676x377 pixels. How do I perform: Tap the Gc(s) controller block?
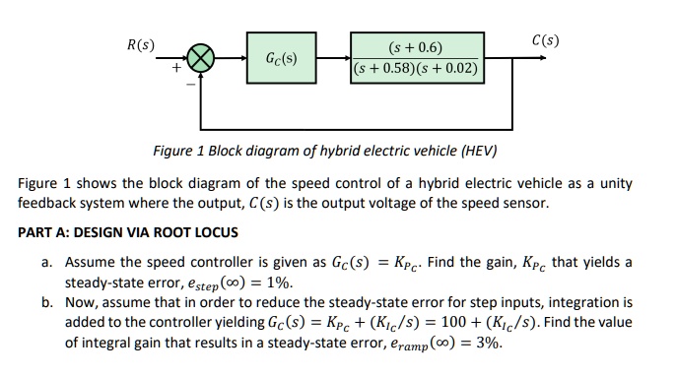click(x=282, y=59)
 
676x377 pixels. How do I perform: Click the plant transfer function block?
click(x=417, y=58)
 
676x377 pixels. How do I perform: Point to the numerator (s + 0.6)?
click(x=417, y=47)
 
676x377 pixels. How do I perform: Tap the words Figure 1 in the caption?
click(x=176, y=152)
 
